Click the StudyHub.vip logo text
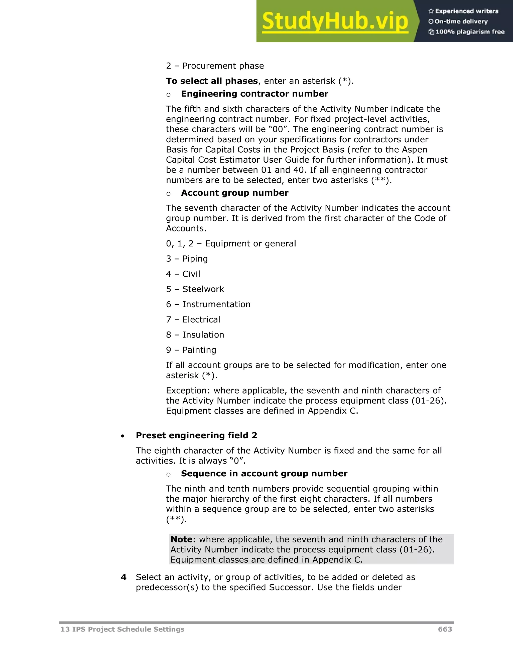(x=335, y=21)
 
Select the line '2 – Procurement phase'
(x=215, y=66)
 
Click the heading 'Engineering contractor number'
(x=254, y=94)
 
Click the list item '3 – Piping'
(x=187, y=259)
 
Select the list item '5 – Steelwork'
(x=195, y=289)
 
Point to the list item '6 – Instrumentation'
(x=208, y=304)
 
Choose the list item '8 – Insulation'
(x=195, y=335)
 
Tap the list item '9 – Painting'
(x=191, y=350)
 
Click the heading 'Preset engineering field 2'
(x=196, y=435)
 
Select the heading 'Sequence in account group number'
(x=264, y=474)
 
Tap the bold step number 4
(x=123, y=577)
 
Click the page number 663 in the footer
(x=445, y=629)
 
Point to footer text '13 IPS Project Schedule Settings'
(x=122, y=629)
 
